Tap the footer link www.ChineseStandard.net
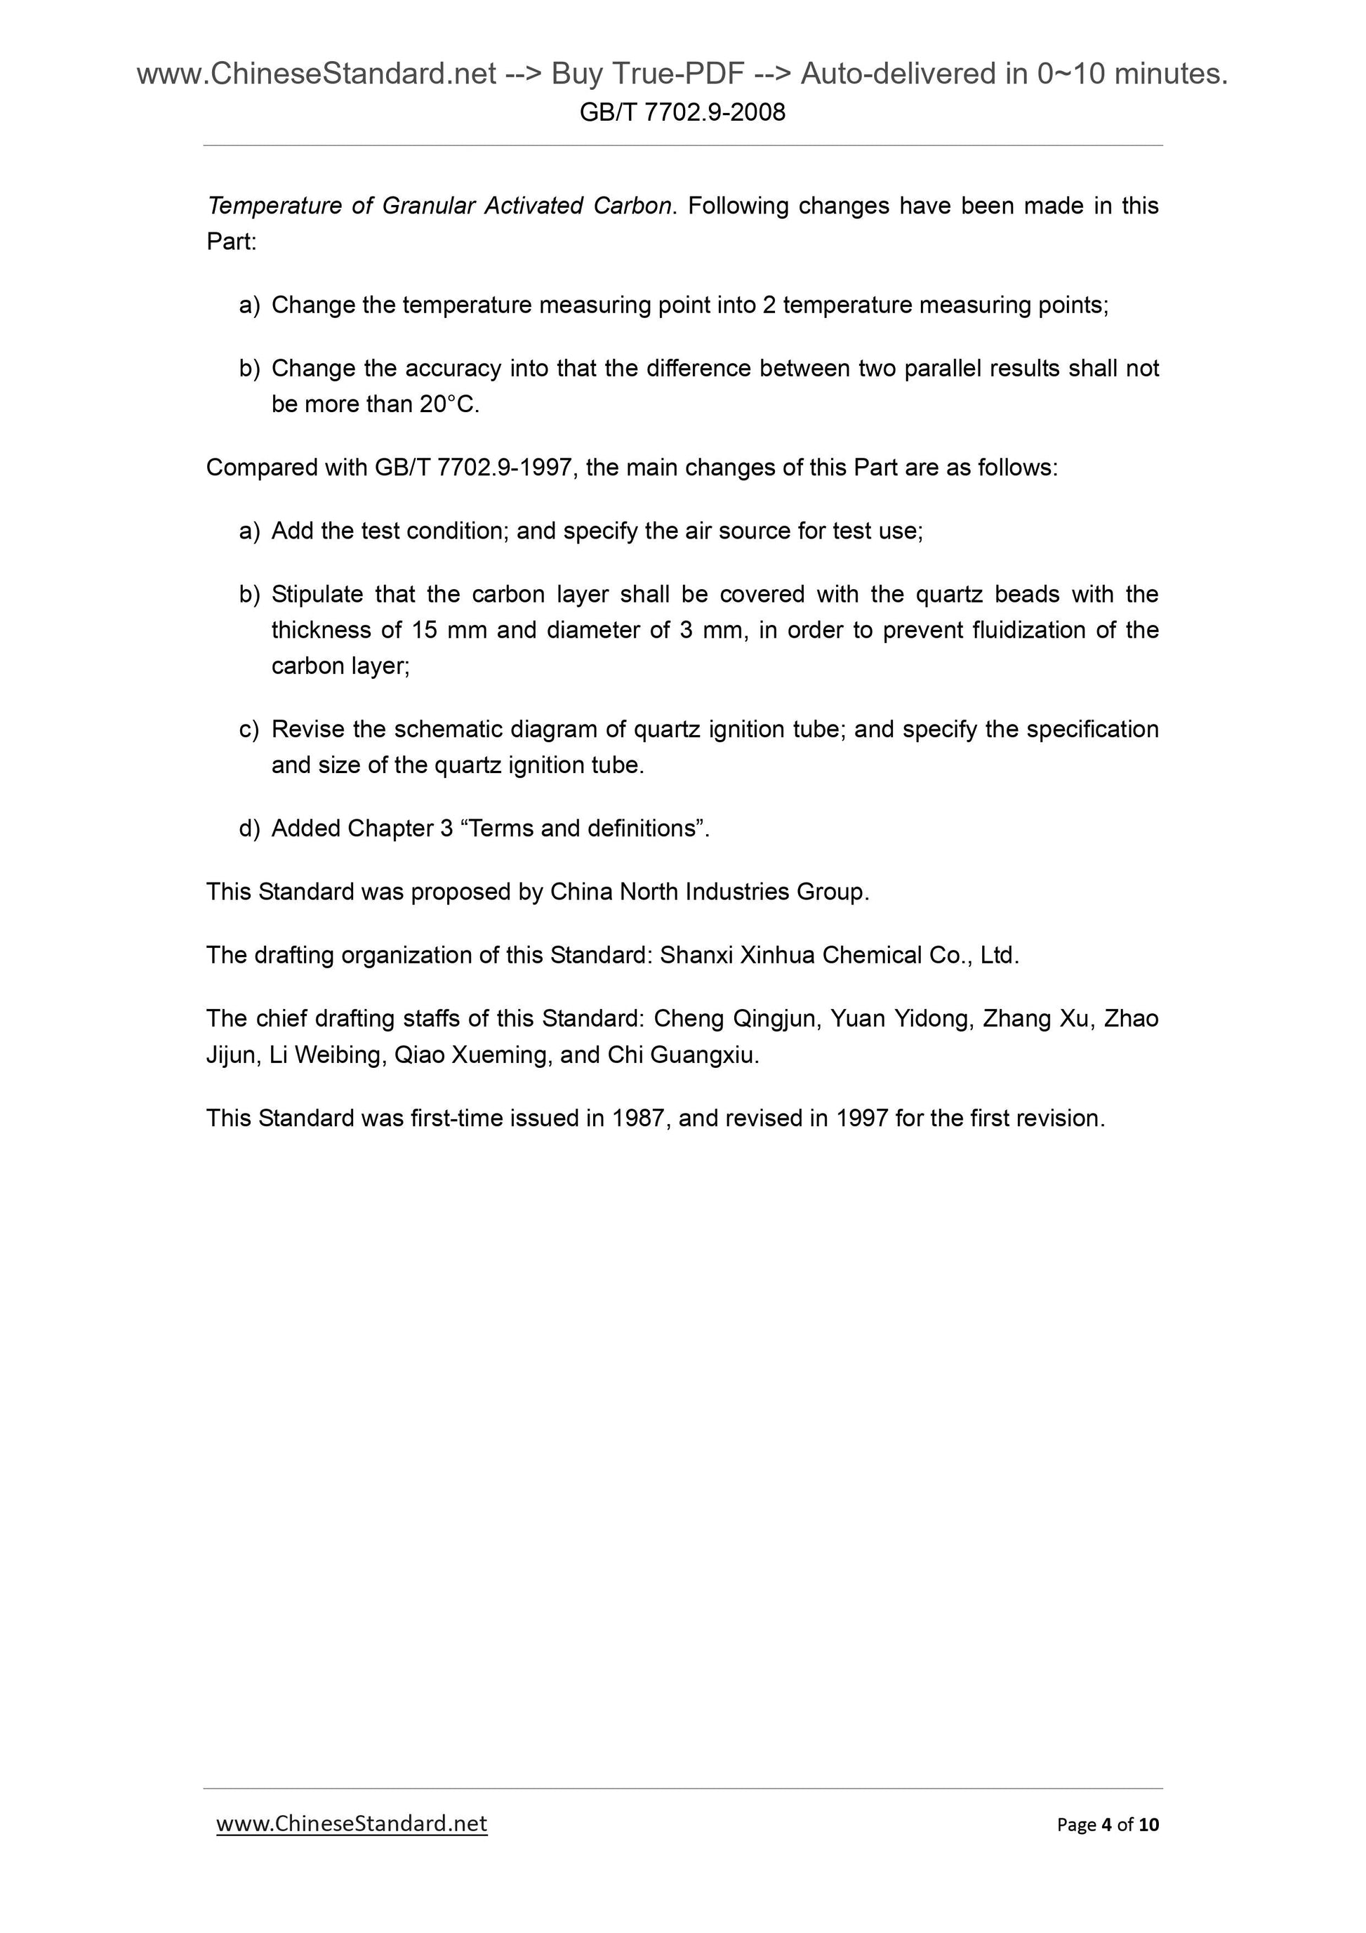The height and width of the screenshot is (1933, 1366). [351, 1823]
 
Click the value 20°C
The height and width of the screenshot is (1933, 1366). [449, 405]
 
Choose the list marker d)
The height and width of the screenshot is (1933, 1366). [249, 829]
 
